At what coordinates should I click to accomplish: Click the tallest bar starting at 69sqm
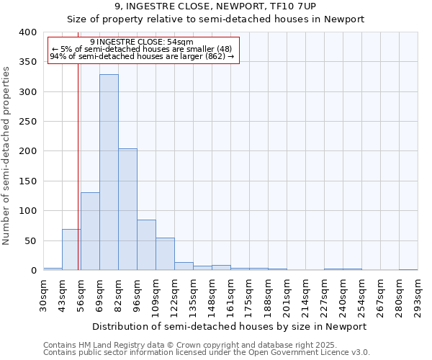pos(109,173)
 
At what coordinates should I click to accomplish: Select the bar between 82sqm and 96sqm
pos(127,210)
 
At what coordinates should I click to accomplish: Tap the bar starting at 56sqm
pos(90,231)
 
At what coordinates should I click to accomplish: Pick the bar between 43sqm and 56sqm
pos(71,250)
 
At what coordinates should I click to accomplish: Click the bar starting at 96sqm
pos(146,245)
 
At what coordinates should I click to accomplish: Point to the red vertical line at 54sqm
pos(78,158)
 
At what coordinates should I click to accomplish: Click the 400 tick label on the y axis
pos(27,32)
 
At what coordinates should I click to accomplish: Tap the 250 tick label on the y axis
pos(27,122)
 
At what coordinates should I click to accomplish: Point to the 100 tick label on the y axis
pos(27,211)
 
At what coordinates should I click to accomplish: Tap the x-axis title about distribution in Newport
pos(230,326)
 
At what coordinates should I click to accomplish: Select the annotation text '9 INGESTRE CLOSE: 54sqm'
pos(142,42)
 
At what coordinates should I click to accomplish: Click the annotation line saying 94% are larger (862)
pos(142,56)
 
